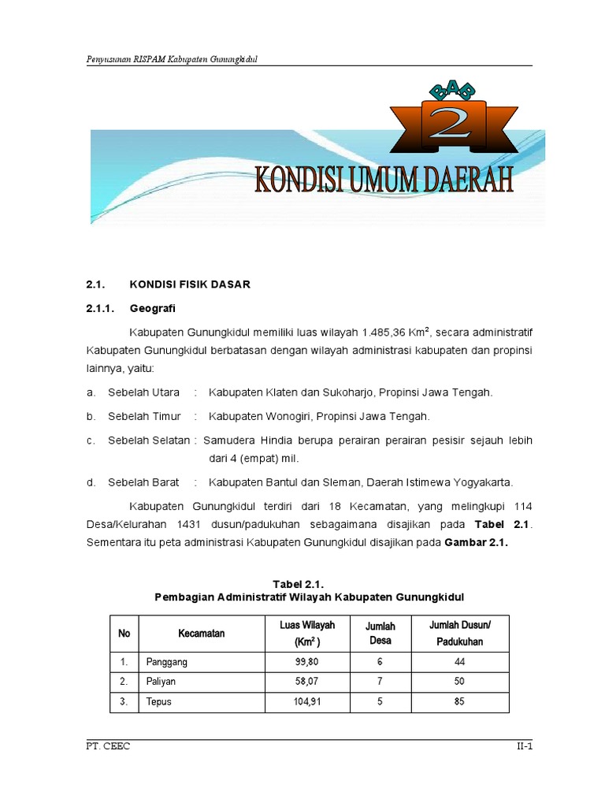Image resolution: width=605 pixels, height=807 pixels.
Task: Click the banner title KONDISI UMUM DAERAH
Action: (x=384, y=180)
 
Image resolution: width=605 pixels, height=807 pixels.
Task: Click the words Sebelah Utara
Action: (x=144, y=392)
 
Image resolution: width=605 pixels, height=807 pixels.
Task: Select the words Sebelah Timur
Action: (x=145, y=416)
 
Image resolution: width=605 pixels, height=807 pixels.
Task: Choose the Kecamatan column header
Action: (x=202, y=634)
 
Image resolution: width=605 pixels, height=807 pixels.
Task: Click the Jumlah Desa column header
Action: (x=380, y=633)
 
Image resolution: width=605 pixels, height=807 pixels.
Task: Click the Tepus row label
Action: (x=158, y=702)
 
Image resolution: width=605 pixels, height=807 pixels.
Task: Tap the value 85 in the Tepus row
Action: (x=459, y=702)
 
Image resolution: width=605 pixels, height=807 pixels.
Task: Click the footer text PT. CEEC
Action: (x=108, y=747)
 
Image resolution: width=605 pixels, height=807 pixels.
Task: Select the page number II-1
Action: (x=519, y=747)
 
